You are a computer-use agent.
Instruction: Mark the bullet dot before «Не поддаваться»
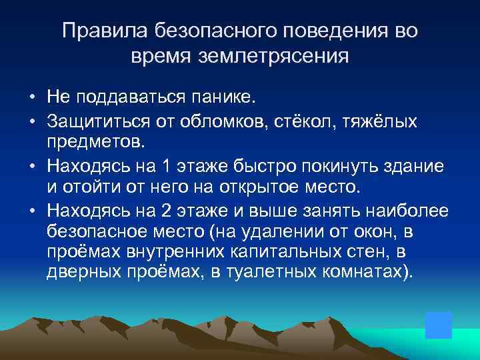point(32,98)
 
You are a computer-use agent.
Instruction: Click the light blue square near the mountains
point(439,325)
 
